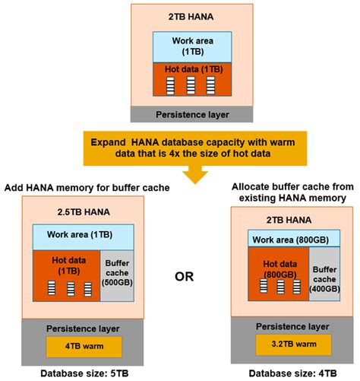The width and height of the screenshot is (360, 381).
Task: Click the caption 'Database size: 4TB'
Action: click(289, 374)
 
